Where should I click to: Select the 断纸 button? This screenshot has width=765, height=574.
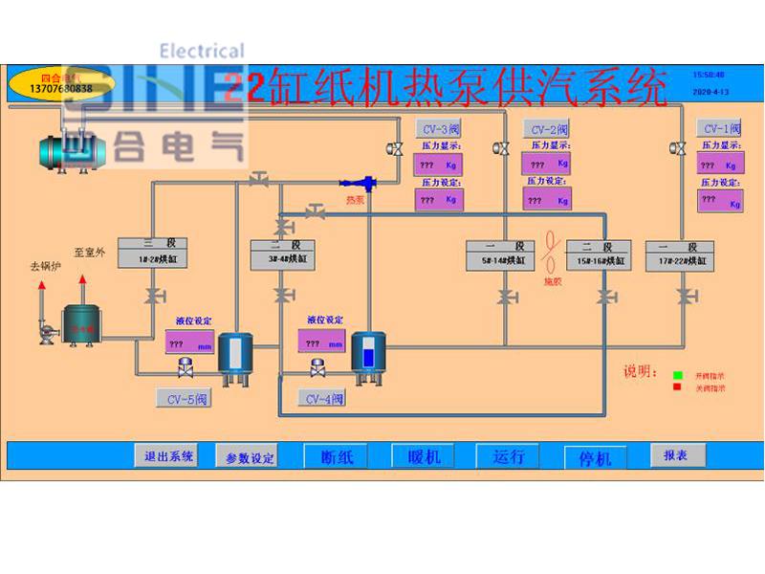pyautogui.click(x=337, y=456)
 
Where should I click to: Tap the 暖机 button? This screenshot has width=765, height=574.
pyautogui.click(x=421, y=456)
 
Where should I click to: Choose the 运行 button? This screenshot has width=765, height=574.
pyautogui.click(x=509, y=456)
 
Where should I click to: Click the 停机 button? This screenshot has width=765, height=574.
pyautogui.click(x=595, y=457)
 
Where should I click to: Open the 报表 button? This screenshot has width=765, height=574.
pyautogui.click(x=676, y=455)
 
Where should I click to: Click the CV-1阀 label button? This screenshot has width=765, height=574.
pyautogui.click(x=722, y=128)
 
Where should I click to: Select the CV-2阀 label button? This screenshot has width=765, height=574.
pyautogui.click(x=549, y=129)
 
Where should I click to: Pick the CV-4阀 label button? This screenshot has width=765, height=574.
pyautogui.click(x=322, y=398)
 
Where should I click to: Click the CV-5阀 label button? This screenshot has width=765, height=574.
pyautogui.click(x=185, y=398)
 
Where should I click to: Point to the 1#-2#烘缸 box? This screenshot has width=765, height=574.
pyautogui.click(x=151, y=253)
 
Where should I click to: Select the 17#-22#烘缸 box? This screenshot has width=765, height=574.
pyautogui.click(x=679, y=254)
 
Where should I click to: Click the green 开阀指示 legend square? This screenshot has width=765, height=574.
pyautogui.click(x=676, y=375)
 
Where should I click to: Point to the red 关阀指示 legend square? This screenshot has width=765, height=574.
pyautogui.click(x=676, y=387)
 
